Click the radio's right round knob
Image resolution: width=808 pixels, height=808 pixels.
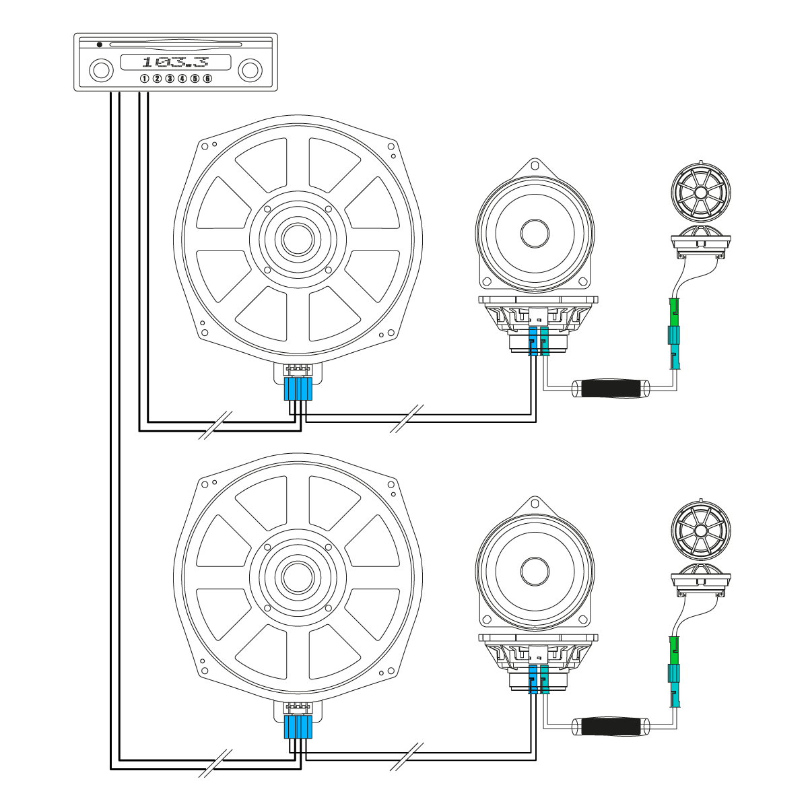coord(250,70)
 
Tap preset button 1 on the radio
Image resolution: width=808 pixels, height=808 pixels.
coord(144,79)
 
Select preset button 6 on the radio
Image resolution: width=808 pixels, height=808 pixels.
coord(207,79)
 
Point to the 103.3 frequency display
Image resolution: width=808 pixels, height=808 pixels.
coord(175,63)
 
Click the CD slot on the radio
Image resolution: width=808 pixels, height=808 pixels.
coord(175,45)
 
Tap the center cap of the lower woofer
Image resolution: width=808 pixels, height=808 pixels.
coord(297,576)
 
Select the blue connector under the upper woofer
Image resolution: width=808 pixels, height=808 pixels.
coord(298,389)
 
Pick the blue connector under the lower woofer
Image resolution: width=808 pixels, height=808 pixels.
coord(298,727)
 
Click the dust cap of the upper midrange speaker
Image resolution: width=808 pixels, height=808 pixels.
coord(536,233)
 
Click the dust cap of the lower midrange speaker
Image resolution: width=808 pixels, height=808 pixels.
coord(536,572)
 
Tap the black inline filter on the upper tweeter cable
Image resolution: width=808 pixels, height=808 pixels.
coord(609,389)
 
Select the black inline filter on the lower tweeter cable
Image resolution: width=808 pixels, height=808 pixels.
coord(609,727)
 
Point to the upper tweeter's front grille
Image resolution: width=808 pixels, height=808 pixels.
coord(700,192)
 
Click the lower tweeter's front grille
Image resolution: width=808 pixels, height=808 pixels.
coord(700,531)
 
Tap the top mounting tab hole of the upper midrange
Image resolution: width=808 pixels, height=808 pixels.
coord(535,164)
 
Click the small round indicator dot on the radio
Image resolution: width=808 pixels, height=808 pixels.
coord(100,45)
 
